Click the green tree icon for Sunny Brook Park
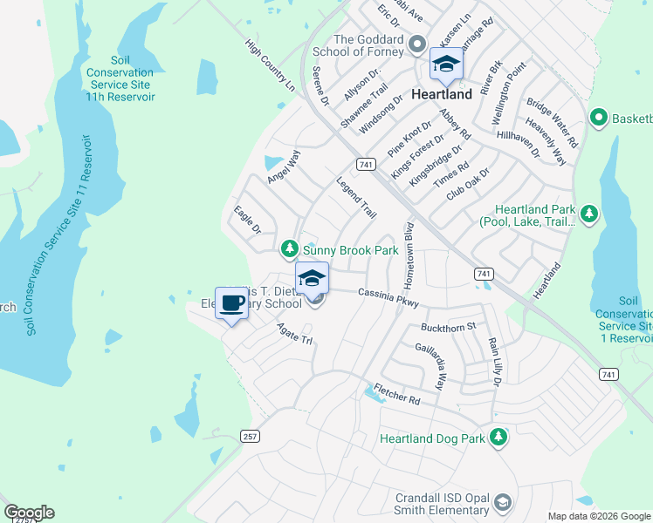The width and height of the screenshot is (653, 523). [290, 250]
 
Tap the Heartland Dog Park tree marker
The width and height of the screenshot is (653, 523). [498, 438]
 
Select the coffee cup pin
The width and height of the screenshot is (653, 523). [231, 304]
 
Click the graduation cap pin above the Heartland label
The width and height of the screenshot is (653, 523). [446, 65]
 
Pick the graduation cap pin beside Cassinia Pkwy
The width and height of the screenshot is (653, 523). [312, 280]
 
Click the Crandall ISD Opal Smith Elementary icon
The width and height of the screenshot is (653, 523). [502, 503]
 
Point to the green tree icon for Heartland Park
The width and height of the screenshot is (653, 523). [589, 213]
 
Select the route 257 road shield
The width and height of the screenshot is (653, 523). [251, 436]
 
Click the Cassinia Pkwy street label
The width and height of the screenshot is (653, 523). [388, 297]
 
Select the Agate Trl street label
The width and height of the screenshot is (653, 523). [294, 334]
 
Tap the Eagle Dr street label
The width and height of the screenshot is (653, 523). [247, 220]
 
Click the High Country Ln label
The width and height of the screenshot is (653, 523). [270, 65]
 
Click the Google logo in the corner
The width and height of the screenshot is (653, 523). [29, 513]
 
